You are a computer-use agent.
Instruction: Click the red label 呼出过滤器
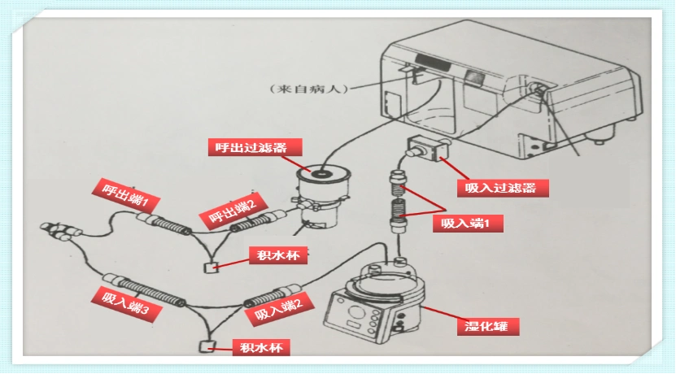pos(253,147)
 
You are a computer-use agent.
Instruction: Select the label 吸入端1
pos(472,221)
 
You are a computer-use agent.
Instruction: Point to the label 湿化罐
pos(486,326)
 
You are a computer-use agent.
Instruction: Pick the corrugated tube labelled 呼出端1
pos(167,223)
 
